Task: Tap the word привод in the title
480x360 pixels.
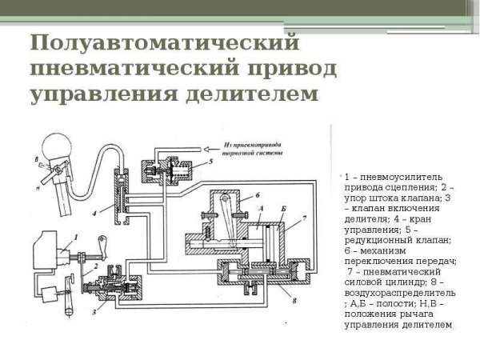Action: tap(273, 67)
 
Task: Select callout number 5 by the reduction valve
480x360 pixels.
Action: tap(211, 161)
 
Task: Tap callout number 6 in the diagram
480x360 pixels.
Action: tap(258, 195)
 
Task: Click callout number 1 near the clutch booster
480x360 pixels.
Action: tap(75, 237)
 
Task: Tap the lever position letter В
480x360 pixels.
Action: tap(36, 158)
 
